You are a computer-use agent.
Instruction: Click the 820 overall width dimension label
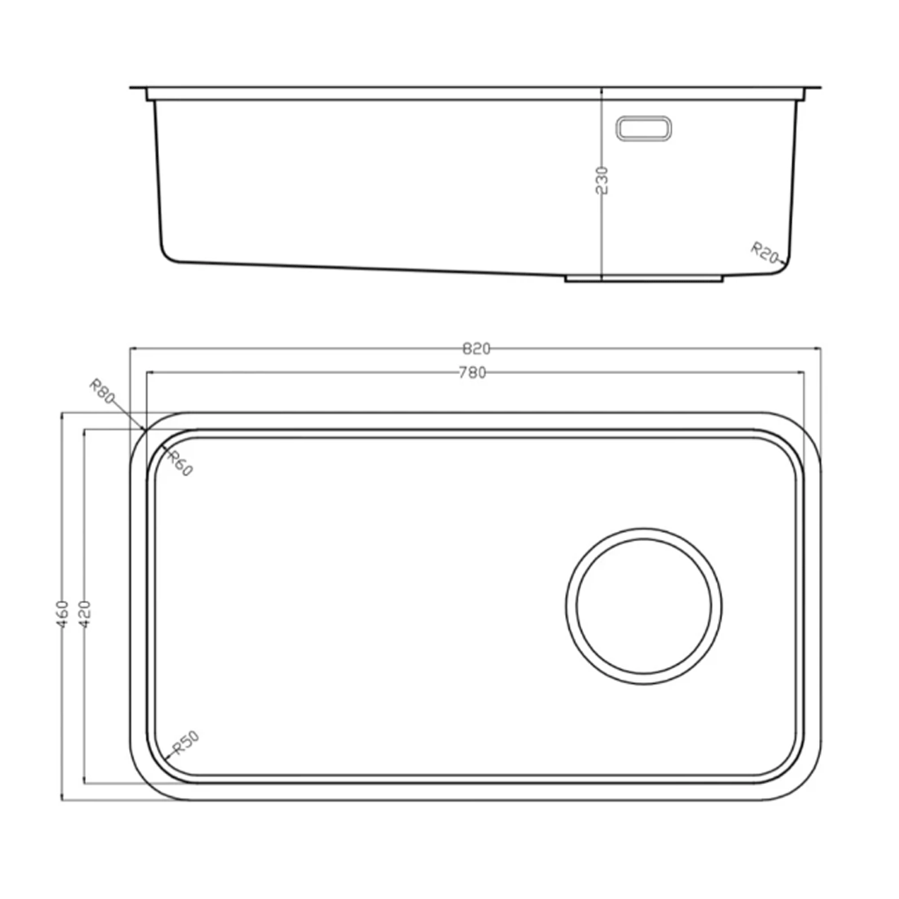click(x=476, y=349)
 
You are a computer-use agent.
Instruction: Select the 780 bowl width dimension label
click(x=472, y=373)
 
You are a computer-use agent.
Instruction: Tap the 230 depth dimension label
click(x=601, y=181)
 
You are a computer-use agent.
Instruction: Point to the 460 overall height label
click(x=62, y=614)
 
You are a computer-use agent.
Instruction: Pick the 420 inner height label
click(x=84, y=614)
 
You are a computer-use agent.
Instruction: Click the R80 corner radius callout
click(x=103, y=392)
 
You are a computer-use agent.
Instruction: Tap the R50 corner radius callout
click(x=185, y=743)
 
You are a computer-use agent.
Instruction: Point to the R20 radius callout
click(x=765, y=252)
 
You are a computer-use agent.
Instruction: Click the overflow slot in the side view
click(x=644, y=128)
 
